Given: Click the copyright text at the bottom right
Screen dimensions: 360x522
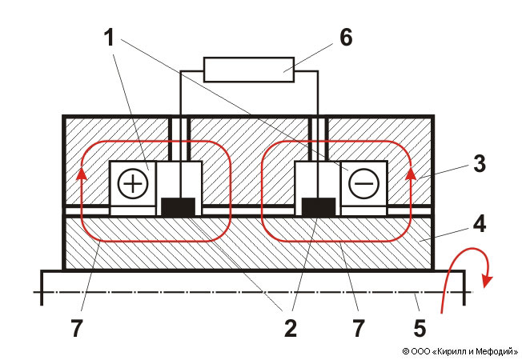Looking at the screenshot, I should coord(457,350).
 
